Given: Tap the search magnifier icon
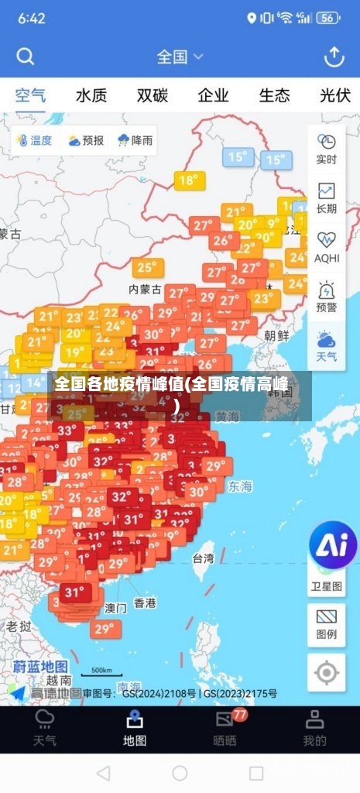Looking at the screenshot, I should pyautogui.click(x=26, y=57).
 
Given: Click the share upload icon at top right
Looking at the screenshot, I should pyautogui.click(x=334, y=57).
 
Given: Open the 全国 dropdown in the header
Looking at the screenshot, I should pyautogui.click(x=180, y=57).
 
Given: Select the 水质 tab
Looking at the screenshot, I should pyautogui.click(x=91, y=96).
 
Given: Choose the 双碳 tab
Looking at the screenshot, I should pyautogui.click(x=153, y=96).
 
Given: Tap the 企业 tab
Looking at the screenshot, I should pyautogui.click(x=213, y=96).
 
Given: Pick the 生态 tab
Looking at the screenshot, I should pyautogui.click(x=274, y=96).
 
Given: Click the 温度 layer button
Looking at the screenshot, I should pyautogui.click(x=34, y=141).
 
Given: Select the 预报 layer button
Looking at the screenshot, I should pyautogui.click(x=85, y=141).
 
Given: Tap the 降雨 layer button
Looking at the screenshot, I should pyautogui.click(x=135, y=141).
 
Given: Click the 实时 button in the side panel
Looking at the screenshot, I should pyautogui.click(x=327, y=148).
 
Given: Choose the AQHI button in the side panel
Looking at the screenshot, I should pyautogui.click(x=327, y=247).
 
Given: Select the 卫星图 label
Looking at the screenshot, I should pyautogui.click(x=327, y=586).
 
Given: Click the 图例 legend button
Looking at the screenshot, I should pyautogui.click(x=327, y=623).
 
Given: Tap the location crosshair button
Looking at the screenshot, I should pyautogui.click(x=327, y=672).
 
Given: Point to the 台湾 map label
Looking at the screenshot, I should pyautogui.click(x=203, y=558).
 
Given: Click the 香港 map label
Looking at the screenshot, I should pyautogui.click(x=145, y=602).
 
